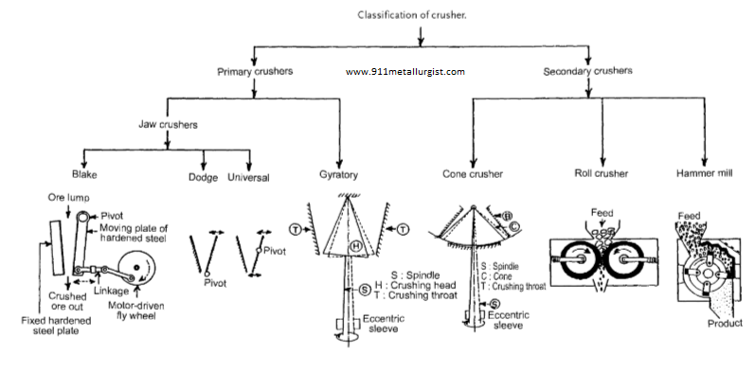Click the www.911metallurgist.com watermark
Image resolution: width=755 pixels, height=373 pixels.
pos(404,71)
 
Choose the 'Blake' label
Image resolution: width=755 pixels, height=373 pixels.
pos(85,175)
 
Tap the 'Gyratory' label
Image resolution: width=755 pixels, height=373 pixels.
pos(338,175)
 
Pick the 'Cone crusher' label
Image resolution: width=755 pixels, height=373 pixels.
pos(473,175)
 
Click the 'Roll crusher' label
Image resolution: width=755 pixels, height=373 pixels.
pos(597,175)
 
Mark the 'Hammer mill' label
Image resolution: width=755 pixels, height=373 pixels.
pos(703,175)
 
